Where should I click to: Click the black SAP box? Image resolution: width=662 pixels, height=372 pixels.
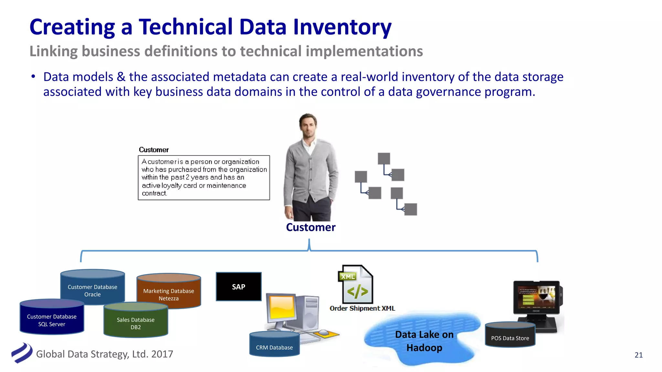tap(239, 287)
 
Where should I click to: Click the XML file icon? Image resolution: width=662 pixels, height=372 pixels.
tap(356, 284)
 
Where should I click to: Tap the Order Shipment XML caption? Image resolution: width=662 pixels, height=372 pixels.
tap(362, 308)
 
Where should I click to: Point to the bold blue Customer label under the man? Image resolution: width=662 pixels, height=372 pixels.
tap(311, 227)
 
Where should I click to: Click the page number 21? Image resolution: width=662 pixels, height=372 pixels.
tap(638, 355)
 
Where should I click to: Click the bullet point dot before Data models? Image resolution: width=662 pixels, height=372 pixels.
tap(33, 77)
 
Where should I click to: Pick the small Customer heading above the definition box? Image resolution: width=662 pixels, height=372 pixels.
tap(154, 150)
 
